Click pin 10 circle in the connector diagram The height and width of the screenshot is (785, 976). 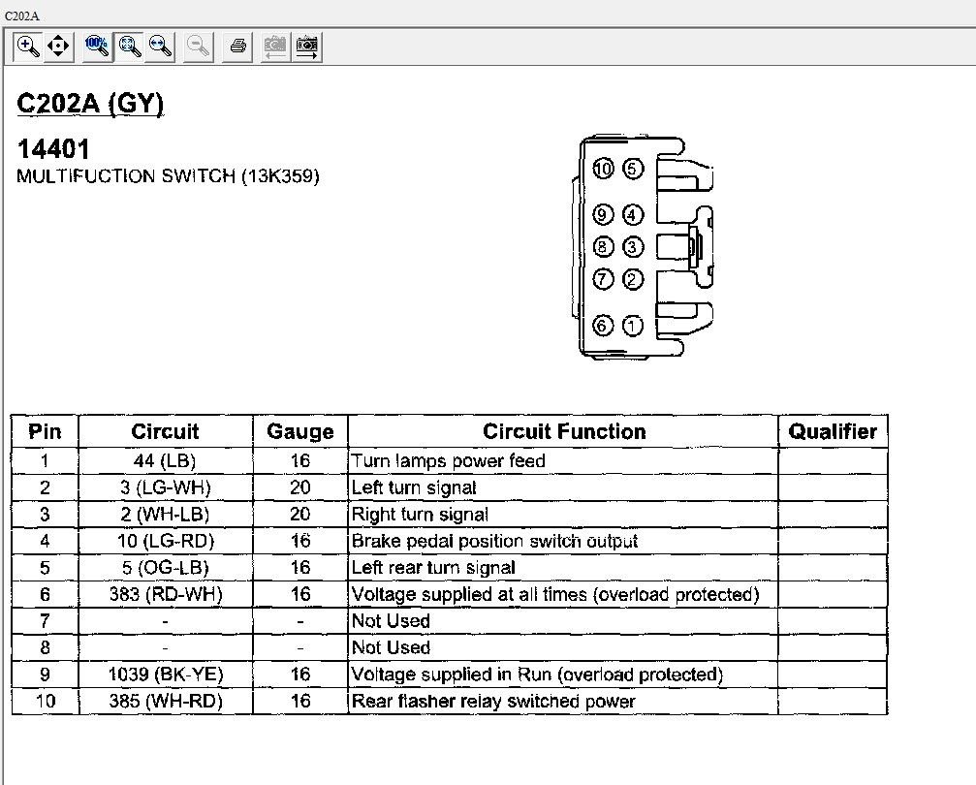point(603,170)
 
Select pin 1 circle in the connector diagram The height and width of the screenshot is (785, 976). point(633,326)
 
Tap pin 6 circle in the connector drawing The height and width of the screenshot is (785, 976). point(603,326)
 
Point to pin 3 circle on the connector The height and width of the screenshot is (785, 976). point(633,247)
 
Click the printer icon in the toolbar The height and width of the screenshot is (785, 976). point(237,46)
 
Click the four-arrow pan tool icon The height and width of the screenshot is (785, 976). point(58,46)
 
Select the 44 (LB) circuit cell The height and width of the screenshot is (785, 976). point(165,461)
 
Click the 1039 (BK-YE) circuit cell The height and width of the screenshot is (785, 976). point(165,675)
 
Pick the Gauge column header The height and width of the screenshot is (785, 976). point(300,432)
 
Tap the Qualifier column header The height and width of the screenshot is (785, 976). point(833,432)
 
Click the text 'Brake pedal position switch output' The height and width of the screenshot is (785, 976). point(494,542)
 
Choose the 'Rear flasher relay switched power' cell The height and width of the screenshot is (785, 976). point(493,702)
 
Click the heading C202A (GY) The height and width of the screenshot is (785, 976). point(90,105)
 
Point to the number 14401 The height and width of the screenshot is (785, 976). point(53,149)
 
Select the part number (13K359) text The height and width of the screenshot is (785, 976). point(280,176)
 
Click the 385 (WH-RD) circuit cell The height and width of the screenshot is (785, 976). point(165,702)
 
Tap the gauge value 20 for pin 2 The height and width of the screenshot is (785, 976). point(300,488)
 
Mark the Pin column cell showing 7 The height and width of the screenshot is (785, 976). point(45,621)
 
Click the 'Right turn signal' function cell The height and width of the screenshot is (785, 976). point(420,515)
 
